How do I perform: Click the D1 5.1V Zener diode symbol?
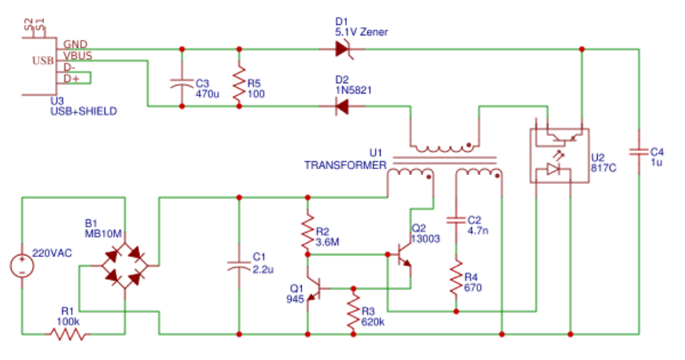coord(343,49)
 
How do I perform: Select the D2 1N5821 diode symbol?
coord(342,106)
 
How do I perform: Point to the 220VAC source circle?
coord(22,266)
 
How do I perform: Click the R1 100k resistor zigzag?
coord(68,334)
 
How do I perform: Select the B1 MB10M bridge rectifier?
coord(124,266)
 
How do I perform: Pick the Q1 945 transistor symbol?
coord(315,288)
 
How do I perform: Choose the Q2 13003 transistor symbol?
coord(403,255)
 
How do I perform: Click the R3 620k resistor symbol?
coord(353,311)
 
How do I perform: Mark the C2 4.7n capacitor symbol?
coord(456,220)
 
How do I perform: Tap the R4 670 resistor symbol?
coord(456,277)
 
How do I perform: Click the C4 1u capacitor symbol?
coord(639,152)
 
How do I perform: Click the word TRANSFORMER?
coord(345,165)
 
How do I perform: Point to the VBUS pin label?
coord(78,56)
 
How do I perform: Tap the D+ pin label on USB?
coord(72,79)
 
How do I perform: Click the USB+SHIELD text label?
coord(84,112)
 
